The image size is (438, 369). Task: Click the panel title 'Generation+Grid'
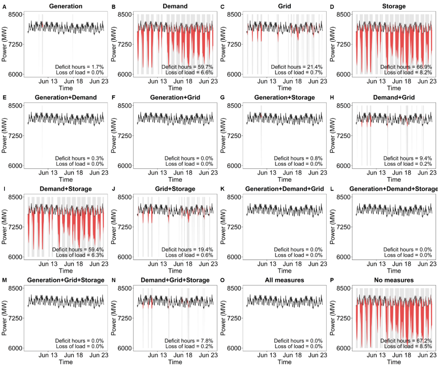tap(175, 97)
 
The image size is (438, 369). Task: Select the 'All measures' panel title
tap(284, 280)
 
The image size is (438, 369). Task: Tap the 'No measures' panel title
tap(394, 280)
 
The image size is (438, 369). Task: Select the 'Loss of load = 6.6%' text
tap(189, 73)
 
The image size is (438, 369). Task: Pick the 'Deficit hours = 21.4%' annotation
tap(298, 67)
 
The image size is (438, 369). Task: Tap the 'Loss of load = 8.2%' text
tap(408, 73)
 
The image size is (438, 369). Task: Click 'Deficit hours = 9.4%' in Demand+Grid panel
tap(408, 158)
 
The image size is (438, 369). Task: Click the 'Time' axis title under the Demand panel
tap(175, 88)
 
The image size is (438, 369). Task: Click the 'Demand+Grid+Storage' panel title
tap(175, 280)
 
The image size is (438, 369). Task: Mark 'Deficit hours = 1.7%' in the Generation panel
tap(79, 67)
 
